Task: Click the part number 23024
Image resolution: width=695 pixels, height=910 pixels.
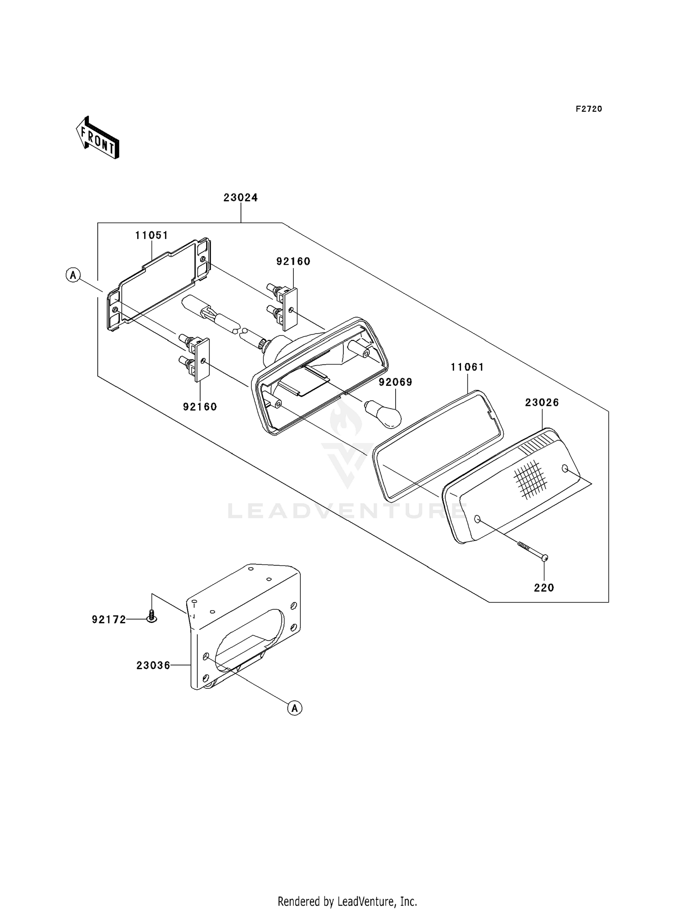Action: [x=240, y=198]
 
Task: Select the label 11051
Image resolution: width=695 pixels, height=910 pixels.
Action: [x=152, y=236]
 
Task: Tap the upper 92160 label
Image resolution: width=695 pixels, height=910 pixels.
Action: [x=293, y=262]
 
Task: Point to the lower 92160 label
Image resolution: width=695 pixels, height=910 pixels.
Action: [x=200, y=407]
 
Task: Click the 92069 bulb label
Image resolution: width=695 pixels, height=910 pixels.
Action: [x=395, y=382]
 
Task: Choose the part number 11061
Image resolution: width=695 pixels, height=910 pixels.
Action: [x=468, y=367]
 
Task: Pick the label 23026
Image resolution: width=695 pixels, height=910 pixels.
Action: [x=542, y=403]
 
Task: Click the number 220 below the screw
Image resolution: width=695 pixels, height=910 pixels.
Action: [x=544, y=588]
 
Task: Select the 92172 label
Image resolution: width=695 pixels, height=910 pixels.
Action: [x=109, y=620]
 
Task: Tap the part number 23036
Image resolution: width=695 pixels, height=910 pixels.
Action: [x=153, y=666]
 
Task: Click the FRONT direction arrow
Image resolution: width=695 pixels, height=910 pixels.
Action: [x=98, y=138]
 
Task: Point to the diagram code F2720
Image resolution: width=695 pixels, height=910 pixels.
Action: [x=589, y=109]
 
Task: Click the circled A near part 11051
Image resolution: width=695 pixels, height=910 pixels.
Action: [x=73, y=275]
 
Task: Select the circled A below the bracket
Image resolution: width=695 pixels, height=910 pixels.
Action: [x=295, y=708]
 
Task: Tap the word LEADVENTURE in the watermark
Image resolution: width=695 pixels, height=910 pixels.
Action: [x=347, y=511]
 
